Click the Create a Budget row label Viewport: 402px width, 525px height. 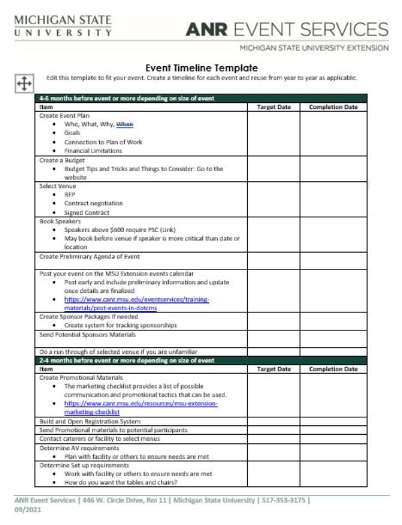[61, 161]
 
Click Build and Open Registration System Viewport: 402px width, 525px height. [90, 422]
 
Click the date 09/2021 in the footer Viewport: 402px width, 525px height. [25, 509]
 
